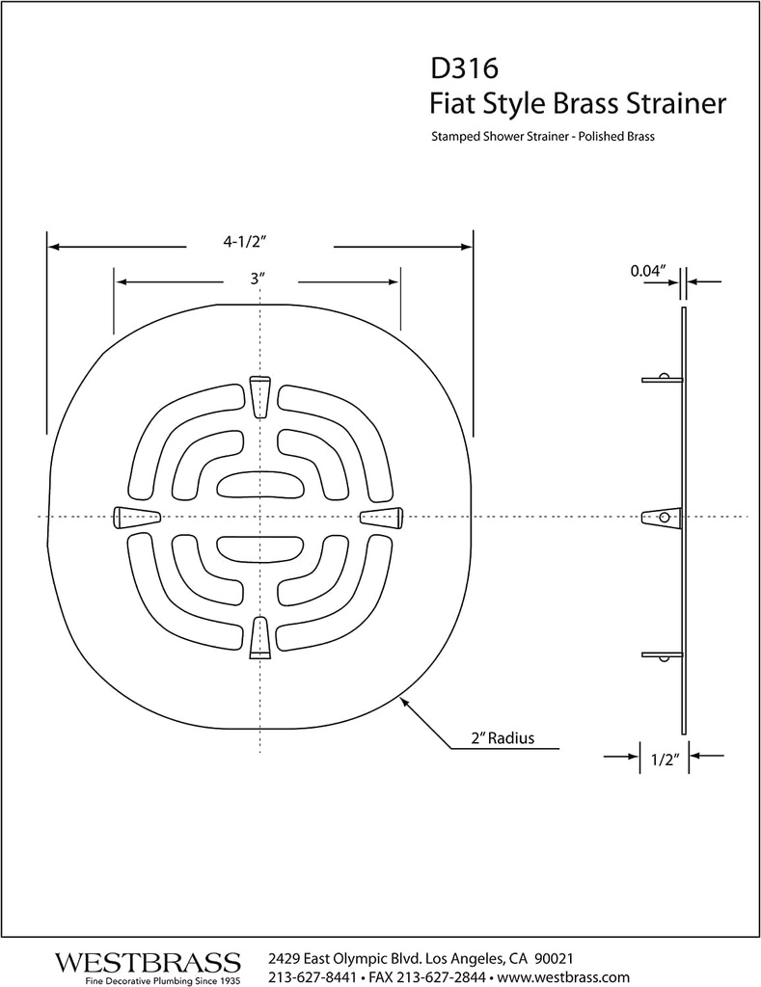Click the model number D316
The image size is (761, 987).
tap(464, 69)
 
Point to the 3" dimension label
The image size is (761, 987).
tap(257, 279)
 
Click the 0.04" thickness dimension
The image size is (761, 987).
tap(650, 272)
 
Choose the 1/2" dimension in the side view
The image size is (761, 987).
tap(666, 760)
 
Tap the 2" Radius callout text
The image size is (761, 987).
tap(503, 739)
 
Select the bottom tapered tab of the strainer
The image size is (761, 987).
tap(258, 638)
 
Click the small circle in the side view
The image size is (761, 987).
tap(664, 518)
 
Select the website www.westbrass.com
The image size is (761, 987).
tap(562, 976)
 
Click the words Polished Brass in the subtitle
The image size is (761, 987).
tap(618, 137)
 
